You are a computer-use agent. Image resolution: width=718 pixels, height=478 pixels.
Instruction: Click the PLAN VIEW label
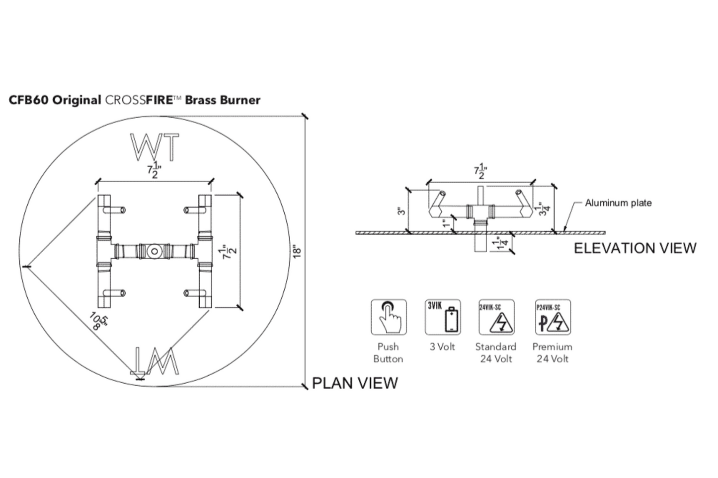point(354,383)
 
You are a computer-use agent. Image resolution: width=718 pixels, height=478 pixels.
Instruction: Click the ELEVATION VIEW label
point(635,248)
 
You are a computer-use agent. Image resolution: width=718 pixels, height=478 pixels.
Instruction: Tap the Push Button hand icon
point(389,318)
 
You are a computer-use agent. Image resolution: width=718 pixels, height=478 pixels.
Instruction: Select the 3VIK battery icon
point(443,318)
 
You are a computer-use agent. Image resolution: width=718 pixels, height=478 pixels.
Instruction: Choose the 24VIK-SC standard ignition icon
point(496,318)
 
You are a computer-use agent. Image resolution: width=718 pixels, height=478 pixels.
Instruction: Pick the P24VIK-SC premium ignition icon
point(553,318)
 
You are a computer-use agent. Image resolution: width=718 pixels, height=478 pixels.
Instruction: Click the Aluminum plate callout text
point(618,203)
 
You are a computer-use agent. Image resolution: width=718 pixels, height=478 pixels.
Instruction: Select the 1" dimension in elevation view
point(447,223)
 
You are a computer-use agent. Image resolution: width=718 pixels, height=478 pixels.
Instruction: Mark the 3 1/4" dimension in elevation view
point(545,208)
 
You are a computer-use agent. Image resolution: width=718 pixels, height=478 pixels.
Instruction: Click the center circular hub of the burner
point(155,251)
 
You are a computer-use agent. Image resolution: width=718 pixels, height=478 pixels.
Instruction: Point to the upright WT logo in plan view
point(155,147)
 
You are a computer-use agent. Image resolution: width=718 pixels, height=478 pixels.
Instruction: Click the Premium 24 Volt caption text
point(552,352)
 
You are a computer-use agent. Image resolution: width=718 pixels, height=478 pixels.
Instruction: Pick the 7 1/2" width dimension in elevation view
point(480,171)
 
